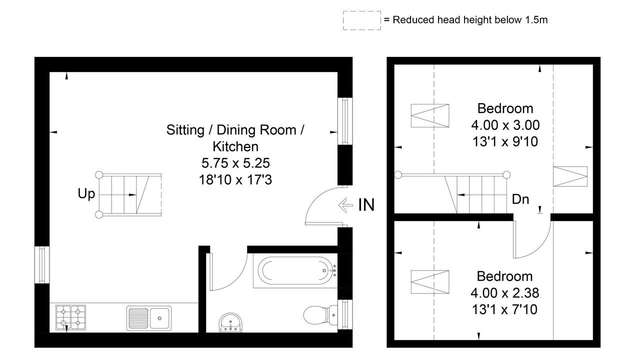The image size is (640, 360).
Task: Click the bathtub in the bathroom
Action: point(295,270)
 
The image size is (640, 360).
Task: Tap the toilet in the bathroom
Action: point(320,315)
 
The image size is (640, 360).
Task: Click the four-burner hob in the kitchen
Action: point(70,317)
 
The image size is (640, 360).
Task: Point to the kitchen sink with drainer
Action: point(149,318)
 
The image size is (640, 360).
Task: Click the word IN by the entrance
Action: point(366,205)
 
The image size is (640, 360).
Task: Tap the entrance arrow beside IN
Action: point(345,205)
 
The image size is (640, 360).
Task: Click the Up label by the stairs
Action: point(86,194)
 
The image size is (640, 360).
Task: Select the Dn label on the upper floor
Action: point(520,199)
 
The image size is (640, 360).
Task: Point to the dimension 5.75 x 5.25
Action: point(235,163)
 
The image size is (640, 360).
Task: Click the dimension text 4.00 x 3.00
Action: point(505,125)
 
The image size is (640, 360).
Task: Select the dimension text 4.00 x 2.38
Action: point(505,293)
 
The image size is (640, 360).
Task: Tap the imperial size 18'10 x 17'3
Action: point(235,180)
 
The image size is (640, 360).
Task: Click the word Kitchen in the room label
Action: point(235,146)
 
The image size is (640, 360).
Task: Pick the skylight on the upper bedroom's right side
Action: point(570,176)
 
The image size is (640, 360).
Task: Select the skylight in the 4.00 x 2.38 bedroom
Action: point(430,282)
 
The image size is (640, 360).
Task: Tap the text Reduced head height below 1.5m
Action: point(470,20)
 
